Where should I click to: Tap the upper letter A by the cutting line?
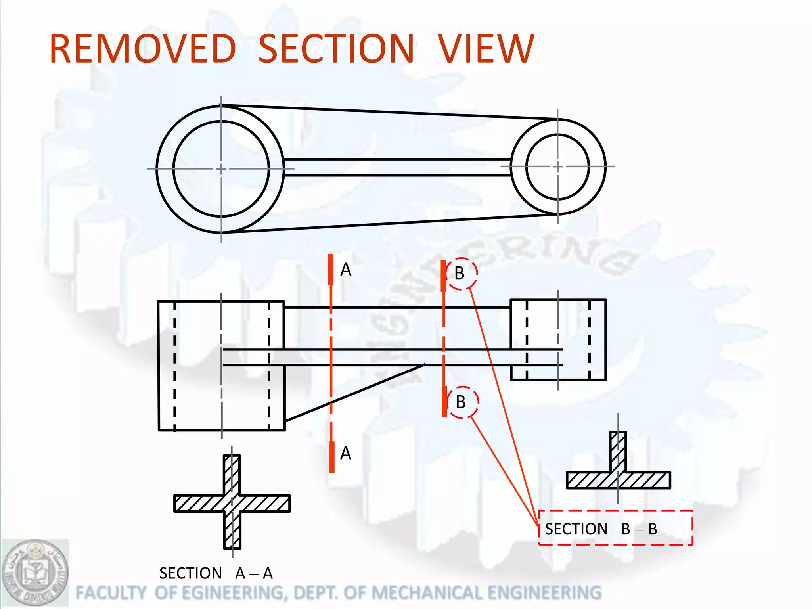(x=346, y=270)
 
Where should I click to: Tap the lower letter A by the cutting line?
(x=346, y=453)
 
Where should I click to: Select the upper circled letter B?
(x=460, y=273)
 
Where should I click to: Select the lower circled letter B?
(x=461, y=402)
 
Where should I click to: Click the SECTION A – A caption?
(x=216, y=573)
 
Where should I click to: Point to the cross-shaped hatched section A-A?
(x=232, y=503)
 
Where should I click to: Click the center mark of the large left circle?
(x=221, y=169)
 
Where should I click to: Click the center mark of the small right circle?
(x=558, y=167)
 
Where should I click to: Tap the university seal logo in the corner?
(x=35, y=573)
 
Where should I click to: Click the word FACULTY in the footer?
(x=111, y=593)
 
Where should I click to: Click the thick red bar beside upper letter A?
(x=331, y=269)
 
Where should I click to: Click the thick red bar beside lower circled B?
(x=444, y=401)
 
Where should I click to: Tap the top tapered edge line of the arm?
(x=389, y=112)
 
